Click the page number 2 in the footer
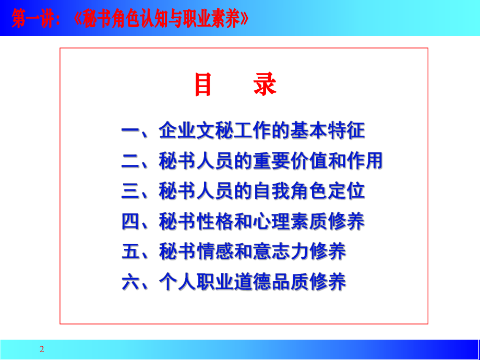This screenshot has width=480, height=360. click(x=42, y=349)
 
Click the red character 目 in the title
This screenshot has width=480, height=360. click(x=203, y=85)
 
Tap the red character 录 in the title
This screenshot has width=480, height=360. click(x=265, y=85)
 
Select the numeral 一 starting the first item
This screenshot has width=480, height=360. click(x=130, y=130)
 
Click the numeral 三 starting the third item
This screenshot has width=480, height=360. click(x=130, y=191)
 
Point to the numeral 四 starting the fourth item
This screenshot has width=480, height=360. click(x=130, y=222)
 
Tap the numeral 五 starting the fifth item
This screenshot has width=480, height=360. click(x=130, y=252)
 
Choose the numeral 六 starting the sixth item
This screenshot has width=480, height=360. click(x=130, y=282)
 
